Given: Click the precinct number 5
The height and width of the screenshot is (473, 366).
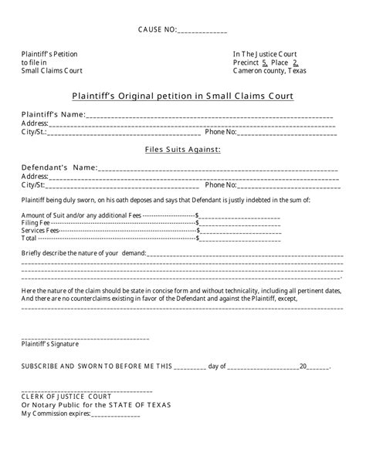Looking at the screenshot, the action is (265, 63).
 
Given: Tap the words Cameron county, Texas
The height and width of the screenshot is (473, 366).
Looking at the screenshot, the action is (269, 71).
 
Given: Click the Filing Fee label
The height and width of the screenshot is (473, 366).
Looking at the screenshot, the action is (36, 222).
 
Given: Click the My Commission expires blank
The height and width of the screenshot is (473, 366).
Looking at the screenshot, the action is (115, 414).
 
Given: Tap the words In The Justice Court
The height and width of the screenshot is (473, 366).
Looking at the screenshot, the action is (264, 54).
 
